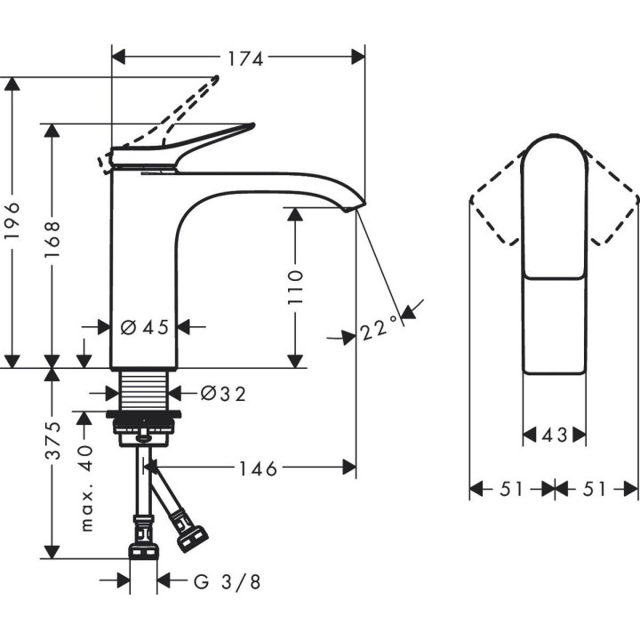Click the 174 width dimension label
click(244, 59)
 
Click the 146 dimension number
click(258, 468)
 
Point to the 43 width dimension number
click(554, 436)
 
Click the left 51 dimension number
click(511, 489)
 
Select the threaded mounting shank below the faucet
click(144, 391)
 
